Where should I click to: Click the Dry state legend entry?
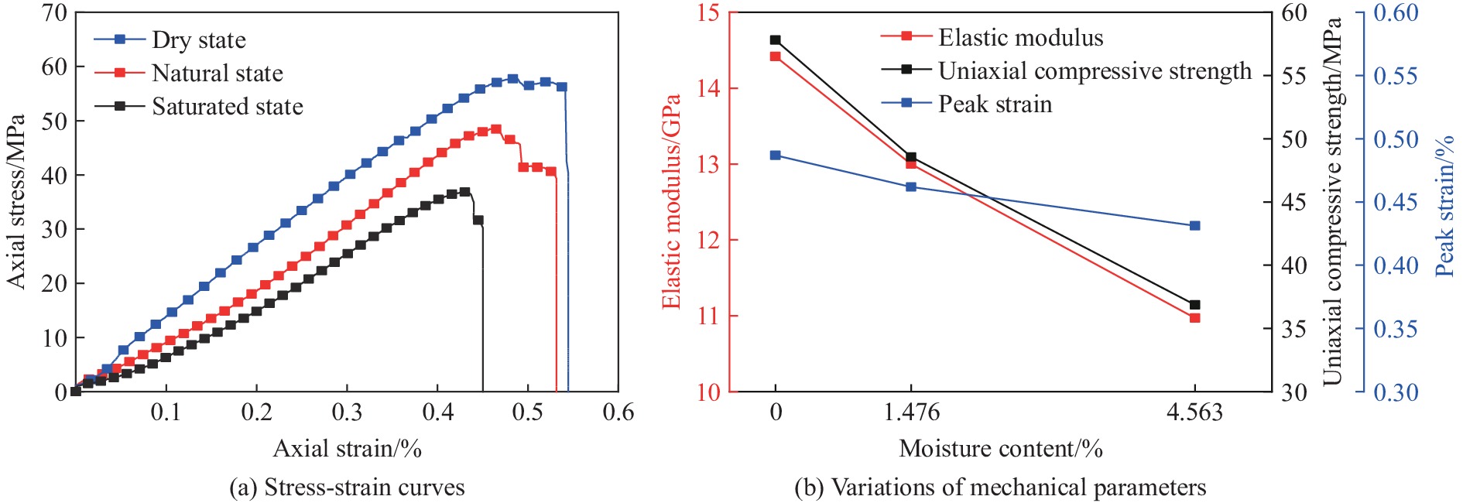click(198, 40)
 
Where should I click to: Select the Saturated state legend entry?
click(227, 107)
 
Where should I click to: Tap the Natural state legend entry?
click(217, 74)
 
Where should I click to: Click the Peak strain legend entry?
click(995, 104)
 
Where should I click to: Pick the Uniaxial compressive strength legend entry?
click(1095, 71)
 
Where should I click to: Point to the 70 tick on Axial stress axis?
click(54, 13)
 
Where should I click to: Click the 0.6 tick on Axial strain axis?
click(618, 412)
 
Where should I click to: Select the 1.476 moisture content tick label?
click(911, 412)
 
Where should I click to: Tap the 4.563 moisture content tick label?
click(1194, 412)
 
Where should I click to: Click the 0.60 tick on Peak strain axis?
click(1396, 13)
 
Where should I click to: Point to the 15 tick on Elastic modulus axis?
click(707, 13)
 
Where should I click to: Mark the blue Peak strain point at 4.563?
click(1194, 226)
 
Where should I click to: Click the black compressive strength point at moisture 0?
click(776, 40)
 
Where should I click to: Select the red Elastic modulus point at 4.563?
click(1194, 318)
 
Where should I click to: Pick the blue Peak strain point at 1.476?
click(911, 187)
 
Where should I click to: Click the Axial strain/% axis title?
click(347, 449)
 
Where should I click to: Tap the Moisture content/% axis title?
click(1000, 449)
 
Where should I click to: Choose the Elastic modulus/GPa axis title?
click(671, 201)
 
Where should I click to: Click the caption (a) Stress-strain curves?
click(347, 488)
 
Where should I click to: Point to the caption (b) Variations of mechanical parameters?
click(1000, 488)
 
